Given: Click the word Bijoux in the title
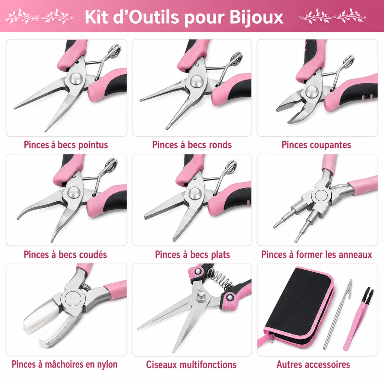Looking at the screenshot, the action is (x=256, y=18).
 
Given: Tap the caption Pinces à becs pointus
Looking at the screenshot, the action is (x=66, y=145).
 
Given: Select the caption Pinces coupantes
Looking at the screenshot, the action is (x=316, y=145).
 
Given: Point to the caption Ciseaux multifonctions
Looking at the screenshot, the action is (x=191, y=364).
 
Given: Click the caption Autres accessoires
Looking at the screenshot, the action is (x=313, y=364).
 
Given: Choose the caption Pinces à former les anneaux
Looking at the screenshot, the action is (x=316, y=255).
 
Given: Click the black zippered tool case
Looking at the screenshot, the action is (x=296, y=307).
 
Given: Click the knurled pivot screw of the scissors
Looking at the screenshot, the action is (x=201, y=297).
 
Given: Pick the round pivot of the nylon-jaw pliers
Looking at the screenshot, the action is (x=73, y=300).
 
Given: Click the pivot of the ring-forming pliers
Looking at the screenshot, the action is (x=321, y=196).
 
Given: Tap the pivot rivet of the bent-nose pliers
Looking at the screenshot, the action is (x=73, y=192).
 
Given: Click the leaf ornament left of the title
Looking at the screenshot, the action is (x=39, y=16).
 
